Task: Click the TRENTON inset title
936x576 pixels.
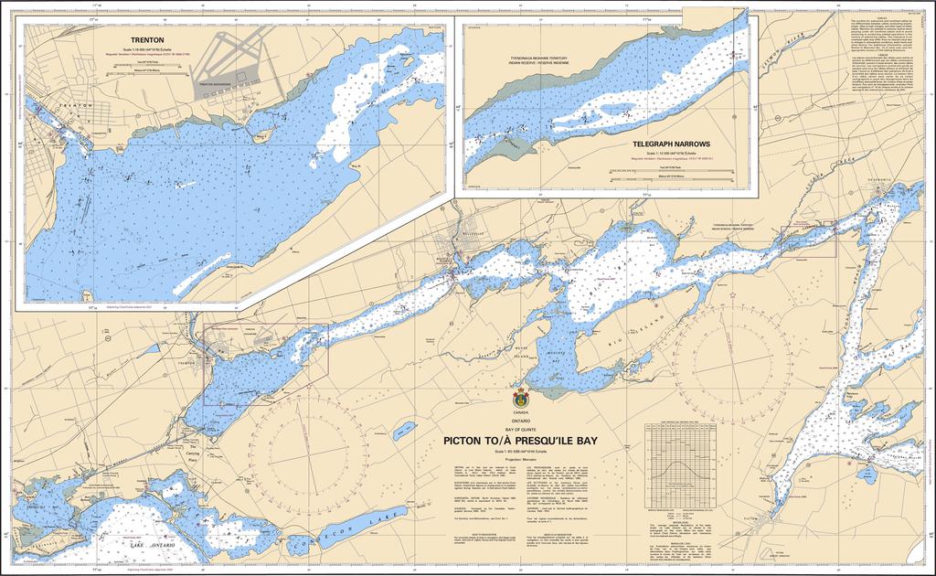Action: tap(146, 40)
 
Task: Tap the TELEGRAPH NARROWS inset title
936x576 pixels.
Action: tap(666, 144)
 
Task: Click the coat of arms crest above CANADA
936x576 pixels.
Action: tap(522, 399)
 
